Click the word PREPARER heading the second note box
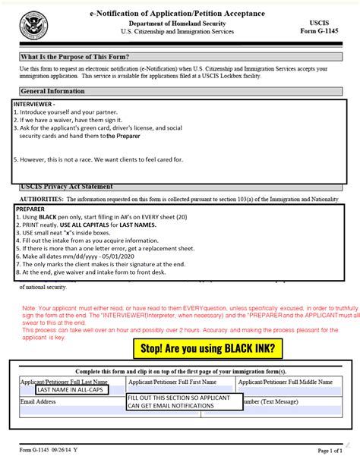[x=30, y=208]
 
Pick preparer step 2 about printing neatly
[x=84, y=225]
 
